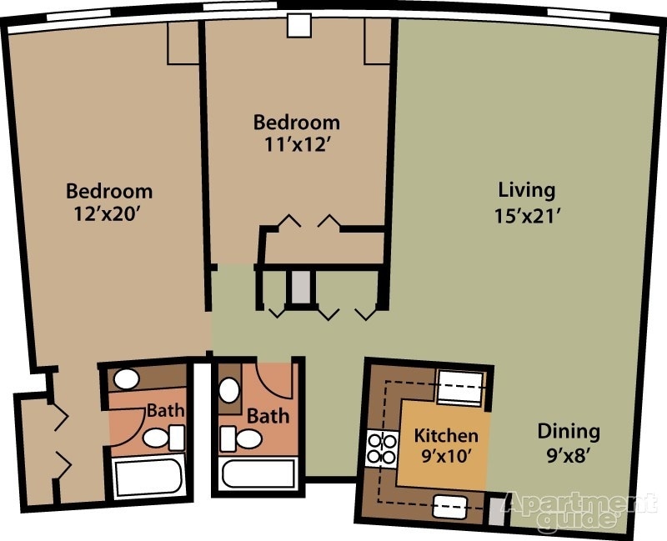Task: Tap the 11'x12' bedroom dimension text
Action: point(297,144)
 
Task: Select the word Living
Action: point(525,189)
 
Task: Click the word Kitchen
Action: point(446,435)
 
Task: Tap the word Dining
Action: point(568,432)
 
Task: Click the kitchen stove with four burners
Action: point(381,448)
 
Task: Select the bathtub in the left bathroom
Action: point(148,477)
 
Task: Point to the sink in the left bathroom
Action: point(126,379)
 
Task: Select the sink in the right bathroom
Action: point(228,389)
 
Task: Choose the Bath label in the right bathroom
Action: point(268,414)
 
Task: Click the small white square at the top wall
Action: point(298,26)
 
